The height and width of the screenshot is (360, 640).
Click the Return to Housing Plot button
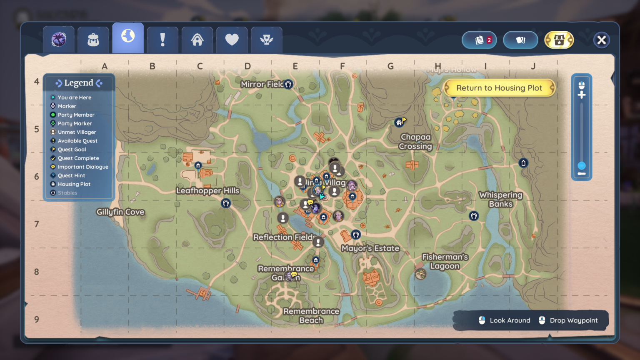[x=499, y=88]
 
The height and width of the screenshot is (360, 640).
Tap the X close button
[x=601, y=40]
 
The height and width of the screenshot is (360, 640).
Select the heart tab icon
[x=232, y=40]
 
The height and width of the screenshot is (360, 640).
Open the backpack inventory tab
[x=93, y=40]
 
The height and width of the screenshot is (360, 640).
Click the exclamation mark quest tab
[x=162, y=40]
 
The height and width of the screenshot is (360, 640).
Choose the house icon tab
[x=197, y=40]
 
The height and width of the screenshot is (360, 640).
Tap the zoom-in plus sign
[x=582, y=95]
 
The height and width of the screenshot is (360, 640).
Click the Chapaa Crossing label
[x=415, y=142]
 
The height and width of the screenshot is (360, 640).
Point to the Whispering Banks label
[x=500, y=199]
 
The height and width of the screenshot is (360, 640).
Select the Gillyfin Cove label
[x=120, y=212]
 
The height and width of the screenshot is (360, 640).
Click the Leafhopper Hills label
[x=207, y=191]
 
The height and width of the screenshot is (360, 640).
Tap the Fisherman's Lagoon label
[x=445, y=262]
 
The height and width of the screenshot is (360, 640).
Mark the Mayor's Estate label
[x=370, y=248]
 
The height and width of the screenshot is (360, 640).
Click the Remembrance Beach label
[x=311, y=316]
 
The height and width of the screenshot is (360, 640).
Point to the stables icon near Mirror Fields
[x=288, y=85]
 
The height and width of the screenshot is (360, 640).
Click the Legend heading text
[x=79, y=83]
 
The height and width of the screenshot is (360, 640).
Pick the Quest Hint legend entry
[x=71, y=175]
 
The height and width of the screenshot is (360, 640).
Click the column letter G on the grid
[x=390, y=66]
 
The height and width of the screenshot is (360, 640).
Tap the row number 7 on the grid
[x=37, y=224]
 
